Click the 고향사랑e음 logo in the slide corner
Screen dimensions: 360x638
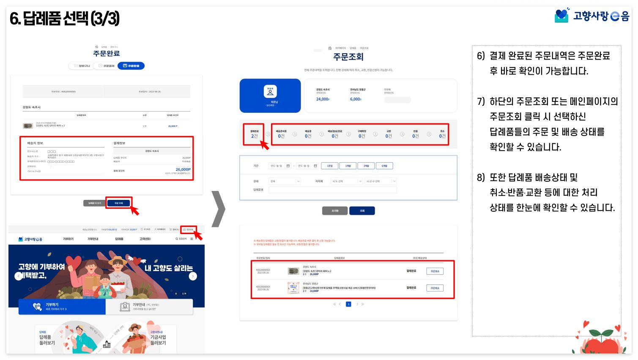591,16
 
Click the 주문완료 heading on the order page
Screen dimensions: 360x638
107,53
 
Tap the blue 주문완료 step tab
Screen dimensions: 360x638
131,66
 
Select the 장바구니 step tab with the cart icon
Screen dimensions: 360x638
82,66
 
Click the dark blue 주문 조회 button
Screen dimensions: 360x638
118,203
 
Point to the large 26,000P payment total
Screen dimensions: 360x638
183,169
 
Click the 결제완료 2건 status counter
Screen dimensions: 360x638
254,134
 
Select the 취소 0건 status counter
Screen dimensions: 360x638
442,134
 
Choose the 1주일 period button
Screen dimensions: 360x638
330,166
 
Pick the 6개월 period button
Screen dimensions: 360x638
384,166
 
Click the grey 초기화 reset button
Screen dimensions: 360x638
335,210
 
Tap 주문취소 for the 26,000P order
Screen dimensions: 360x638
435,271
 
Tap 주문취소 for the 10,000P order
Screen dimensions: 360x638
435,288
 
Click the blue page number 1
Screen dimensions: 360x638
348,304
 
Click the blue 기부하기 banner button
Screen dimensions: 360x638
62,307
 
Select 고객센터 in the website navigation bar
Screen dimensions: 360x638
145,239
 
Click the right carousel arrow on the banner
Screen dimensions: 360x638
193,276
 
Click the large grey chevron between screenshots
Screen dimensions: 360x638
219,209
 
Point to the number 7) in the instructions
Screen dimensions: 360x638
481,101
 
